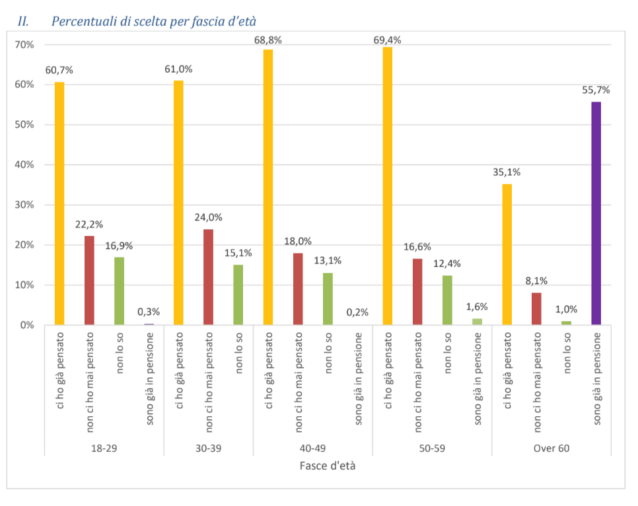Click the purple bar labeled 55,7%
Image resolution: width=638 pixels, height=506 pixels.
coord(596,213)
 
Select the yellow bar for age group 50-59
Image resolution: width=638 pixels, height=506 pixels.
coord(387,186)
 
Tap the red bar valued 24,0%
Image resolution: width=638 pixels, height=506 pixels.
coord(208,277)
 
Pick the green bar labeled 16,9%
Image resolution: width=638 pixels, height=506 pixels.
coord(119,291)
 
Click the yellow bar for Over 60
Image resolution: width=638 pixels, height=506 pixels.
coord(507,254)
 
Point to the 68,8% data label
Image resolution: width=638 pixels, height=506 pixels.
coord(268,40)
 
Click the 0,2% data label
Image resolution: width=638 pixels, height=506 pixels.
coord(357,312)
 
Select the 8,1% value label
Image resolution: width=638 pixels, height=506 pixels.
coord(536,280)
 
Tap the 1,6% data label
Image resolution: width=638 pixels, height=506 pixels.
coord(476,307)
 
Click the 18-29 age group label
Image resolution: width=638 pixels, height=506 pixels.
coord(104,449)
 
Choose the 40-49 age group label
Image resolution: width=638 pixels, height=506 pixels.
coord(312,449)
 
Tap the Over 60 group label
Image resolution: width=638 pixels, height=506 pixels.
coord(551,449)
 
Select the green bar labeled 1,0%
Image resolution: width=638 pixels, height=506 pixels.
coord(566,323)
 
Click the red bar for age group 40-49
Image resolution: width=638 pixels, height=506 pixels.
coord(298,289)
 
